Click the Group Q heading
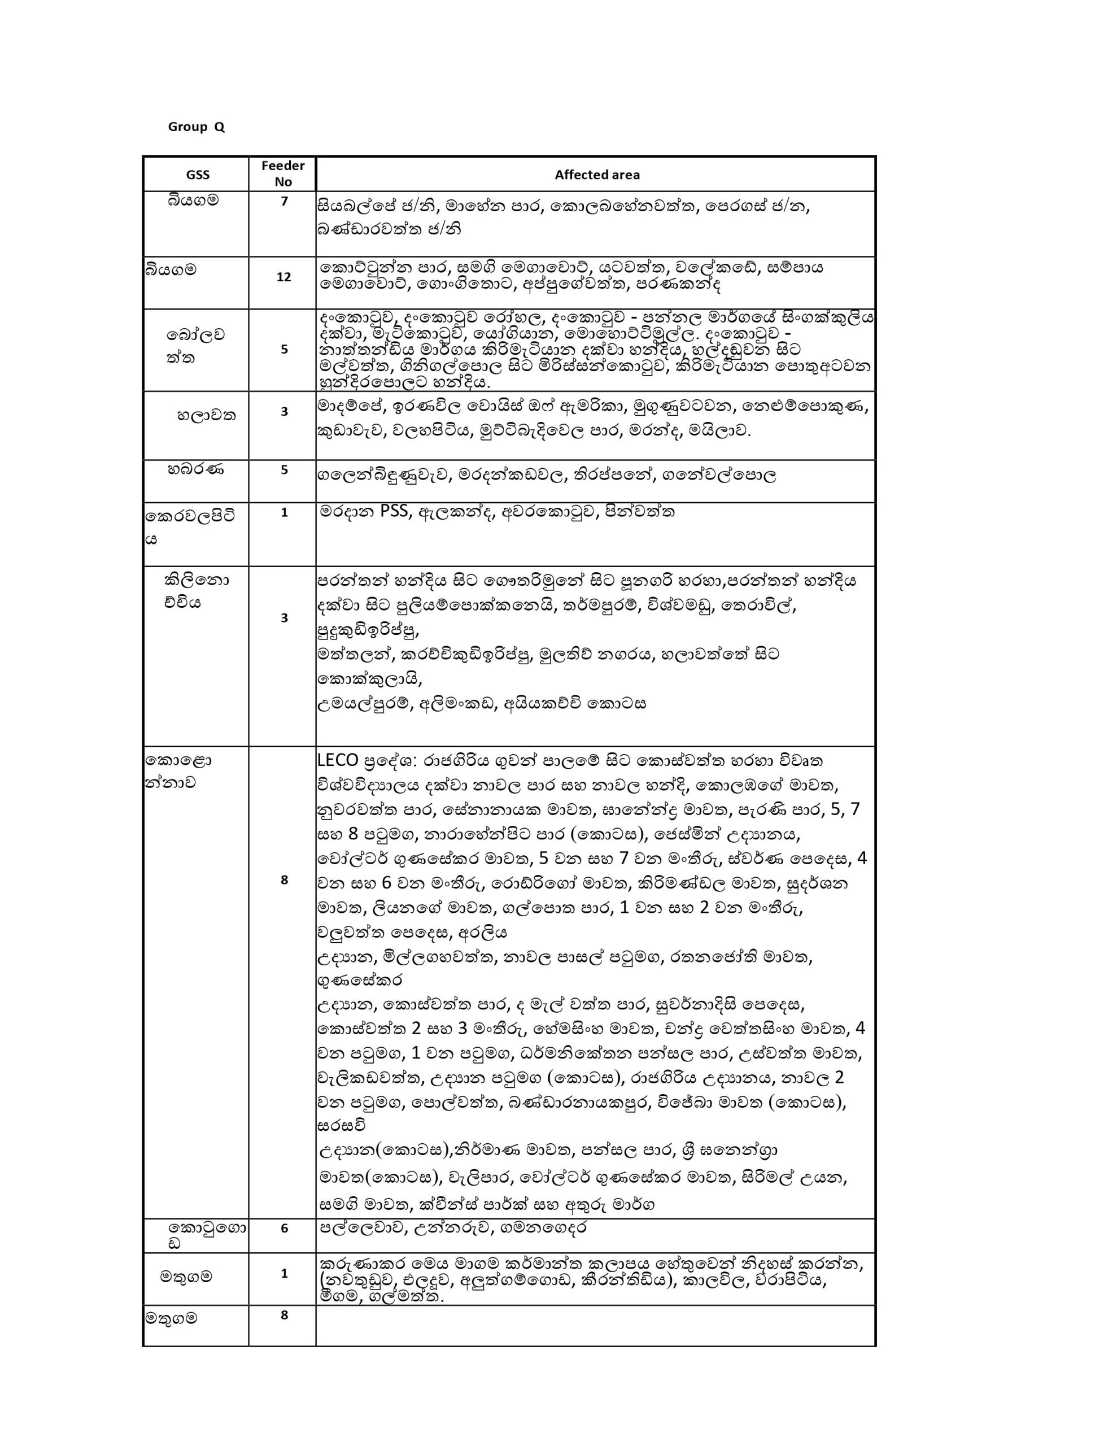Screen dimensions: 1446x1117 coord(196,127)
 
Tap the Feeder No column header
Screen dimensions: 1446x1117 coord(283,173)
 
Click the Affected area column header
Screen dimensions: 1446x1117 coord(596,175)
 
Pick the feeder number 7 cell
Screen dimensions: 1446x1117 coord(284,201)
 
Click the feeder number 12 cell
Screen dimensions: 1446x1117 coord(283,277)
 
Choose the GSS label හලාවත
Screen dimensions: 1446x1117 coord(206,416)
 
